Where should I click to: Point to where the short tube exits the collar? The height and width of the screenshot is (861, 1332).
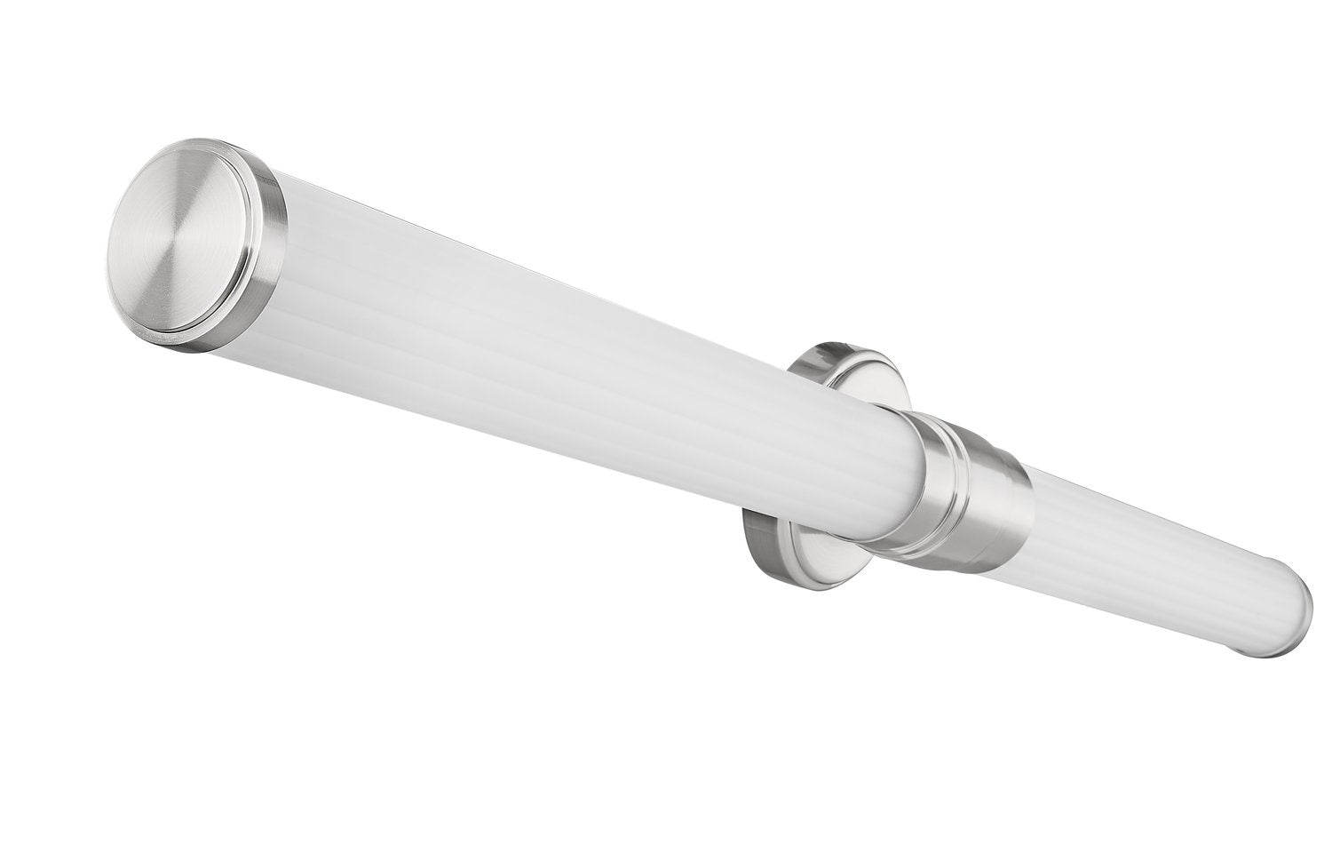click(x=1030, y=533)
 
